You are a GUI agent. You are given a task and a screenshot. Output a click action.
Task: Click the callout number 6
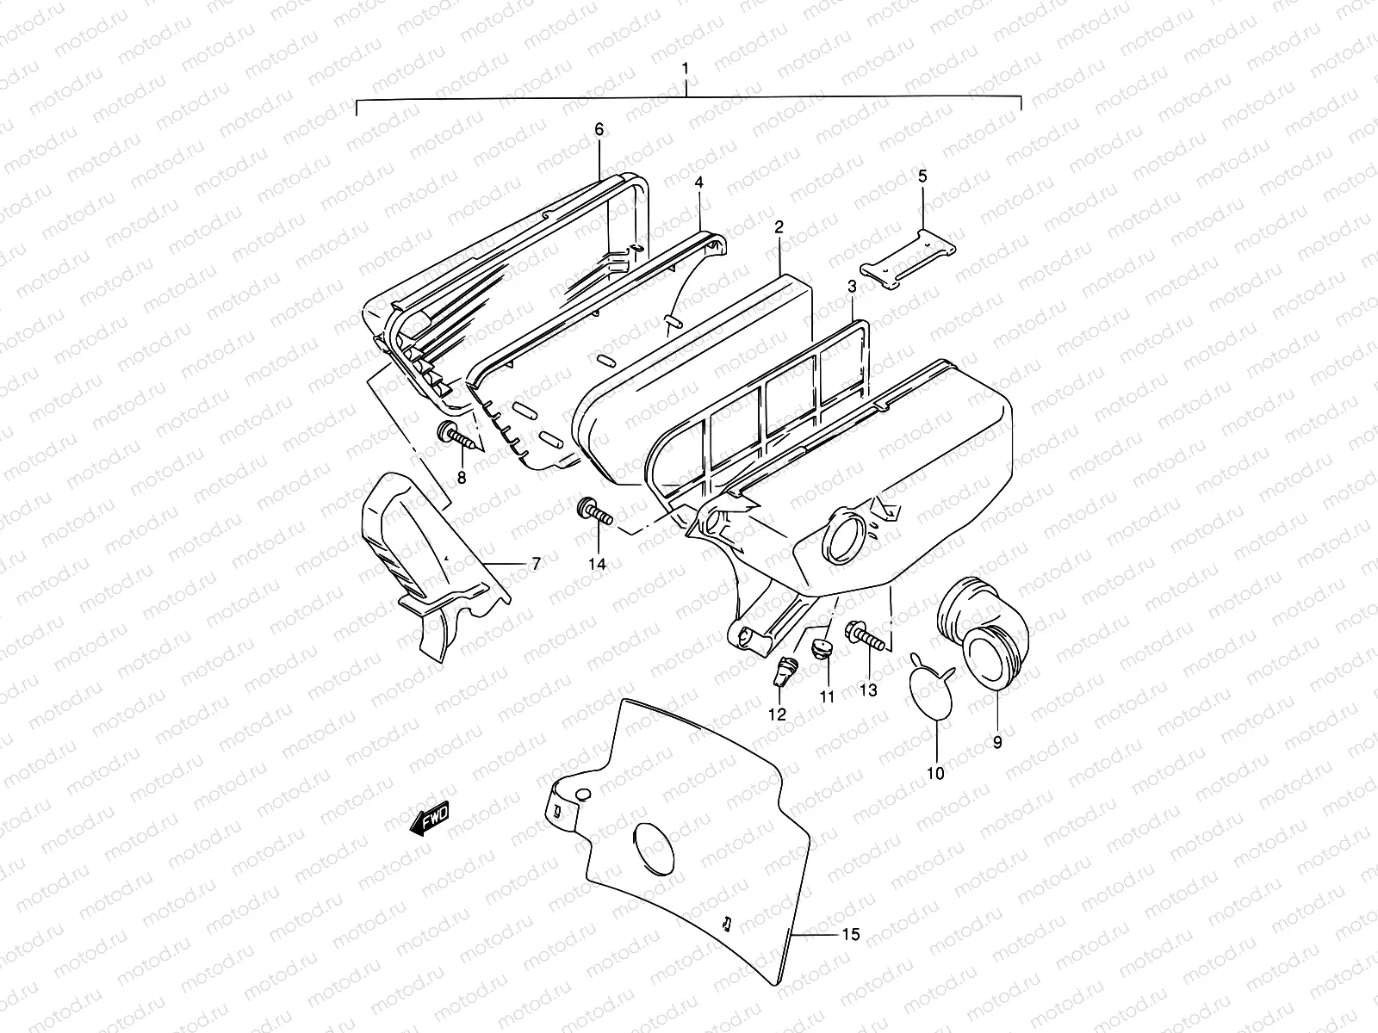click(x=599, y=129)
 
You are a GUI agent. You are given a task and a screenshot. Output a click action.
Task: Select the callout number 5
click(x=922, y=176)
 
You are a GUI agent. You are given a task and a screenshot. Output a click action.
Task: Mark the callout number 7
click(x=536, y=564)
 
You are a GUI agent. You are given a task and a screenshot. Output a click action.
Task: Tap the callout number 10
click(x=936, y=773)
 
